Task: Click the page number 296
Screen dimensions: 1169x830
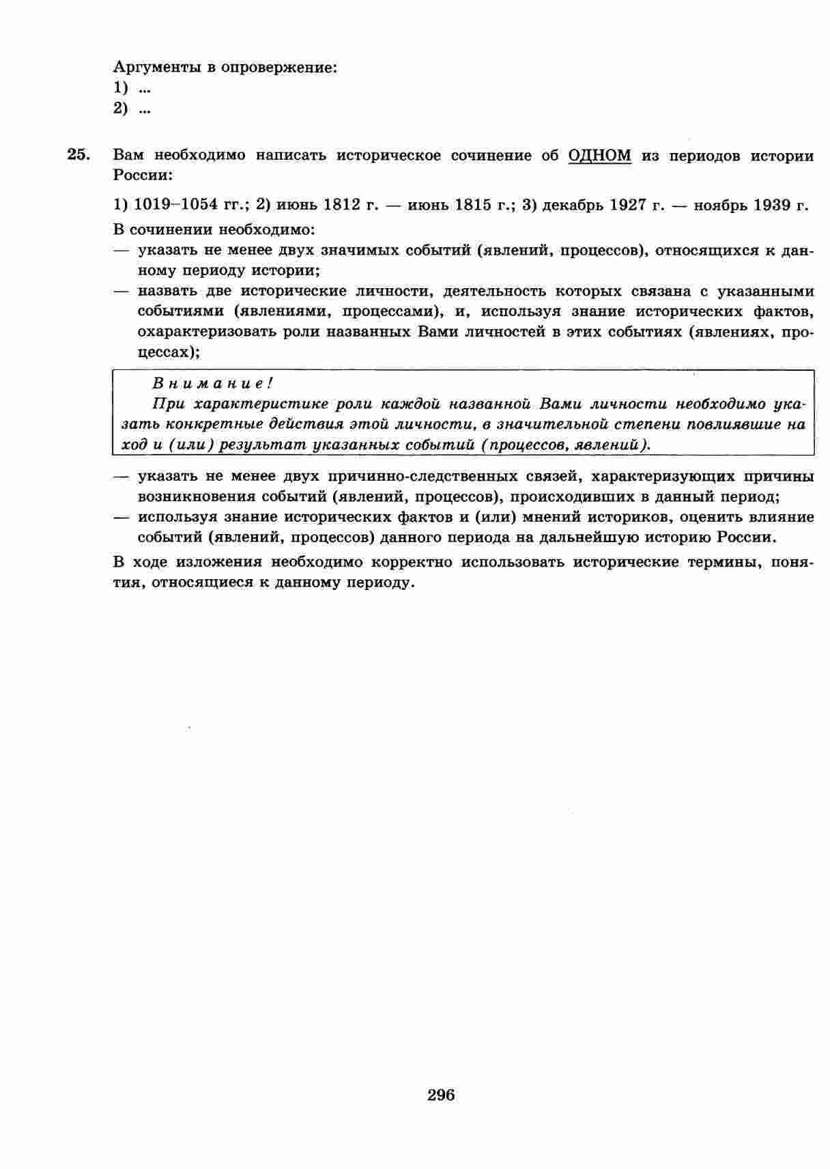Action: pyautogui.click(x=441, y=1095)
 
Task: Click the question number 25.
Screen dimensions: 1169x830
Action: pyautogui.click(x=78, y=154)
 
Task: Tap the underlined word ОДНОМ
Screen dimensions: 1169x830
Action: pyautogui.click(x=599, y=155)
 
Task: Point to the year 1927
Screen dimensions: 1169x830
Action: pyautogui.click(x=633, y=205)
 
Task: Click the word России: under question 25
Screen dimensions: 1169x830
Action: pyautogui.click(x=143, y=175)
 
